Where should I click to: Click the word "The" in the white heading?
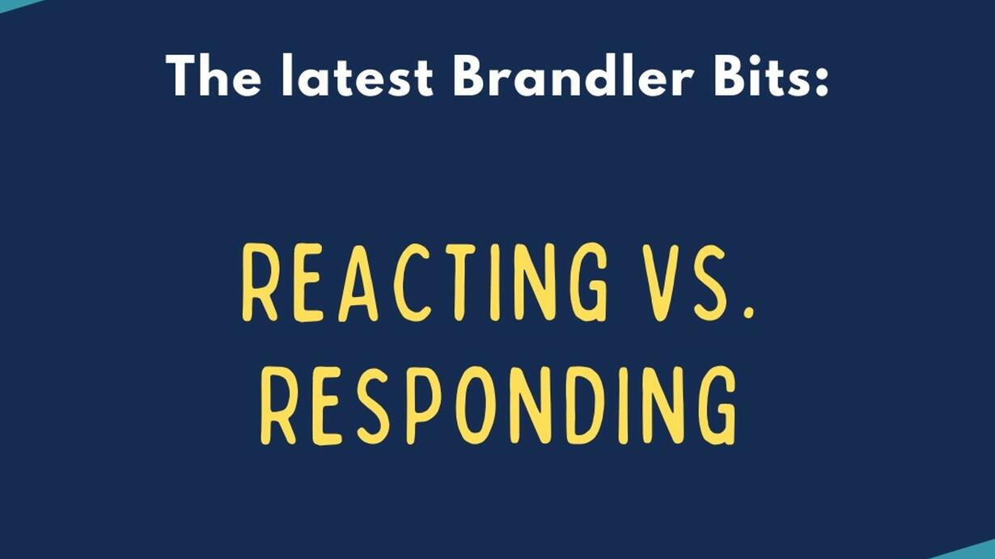(x=214, y=75)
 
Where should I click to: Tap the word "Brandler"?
(x=574, y=75)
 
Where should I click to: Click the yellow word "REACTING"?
(x=425, y=282)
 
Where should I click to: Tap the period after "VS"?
(x=749, y=313)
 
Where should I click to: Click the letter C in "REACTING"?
(x=413, y=282)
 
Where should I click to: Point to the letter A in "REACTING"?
(x=358, y=282)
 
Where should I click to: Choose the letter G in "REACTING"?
(x=589, y=282)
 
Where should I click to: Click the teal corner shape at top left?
(x=18, y=4)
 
